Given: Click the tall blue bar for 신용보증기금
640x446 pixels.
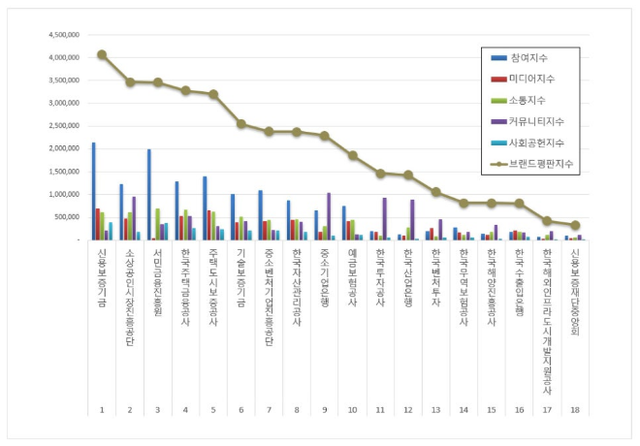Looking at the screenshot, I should point(93,191).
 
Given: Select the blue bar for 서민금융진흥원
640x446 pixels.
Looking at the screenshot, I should point(149,194).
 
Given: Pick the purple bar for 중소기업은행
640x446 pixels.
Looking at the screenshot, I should point(329,215).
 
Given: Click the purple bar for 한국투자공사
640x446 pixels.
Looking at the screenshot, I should point(384,218).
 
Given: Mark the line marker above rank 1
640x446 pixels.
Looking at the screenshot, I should point(102,54).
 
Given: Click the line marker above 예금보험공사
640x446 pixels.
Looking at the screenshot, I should point(352,155).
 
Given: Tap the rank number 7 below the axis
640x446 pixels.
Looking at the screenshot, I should point(269,410).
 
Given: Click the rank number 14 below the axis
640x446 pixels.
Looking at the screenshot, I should point(464,410).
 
